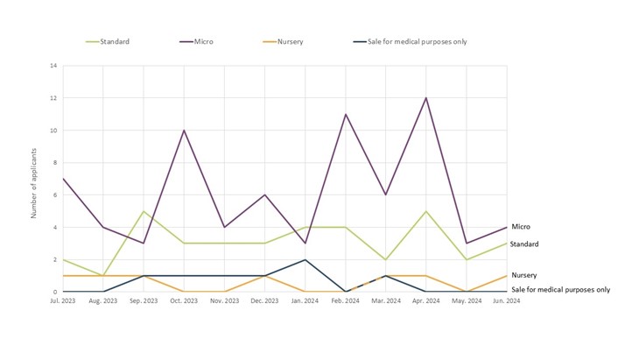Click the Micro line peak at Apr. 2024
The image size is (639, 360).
426,97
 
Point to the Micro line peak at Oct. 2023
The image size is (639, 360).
184,131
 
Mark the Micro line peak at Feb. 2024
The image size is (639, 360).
346,114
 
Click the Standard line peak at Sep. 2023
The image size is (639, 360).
144,211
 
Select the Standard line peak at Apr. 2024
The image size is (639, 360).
426,211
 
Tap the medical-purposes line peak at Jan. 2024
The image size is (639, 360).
305,259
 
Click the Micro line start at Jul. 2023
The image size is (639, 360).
63,179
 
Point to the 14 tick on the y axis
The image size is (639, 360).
53,66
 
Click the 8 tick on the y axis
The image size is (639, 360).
55,163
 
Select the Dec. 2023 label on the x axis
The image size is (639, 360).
264,301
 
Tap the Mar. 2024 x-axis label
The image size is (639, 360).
386,301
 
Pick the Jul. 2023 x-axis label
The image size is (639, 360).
63,301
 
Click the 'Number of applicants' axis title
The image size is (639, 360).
34,179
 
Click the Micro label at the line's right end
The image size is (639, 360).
520,227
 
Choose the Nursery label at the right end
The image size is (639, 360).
524,275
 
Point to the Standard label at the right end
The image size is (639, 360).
525,244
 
